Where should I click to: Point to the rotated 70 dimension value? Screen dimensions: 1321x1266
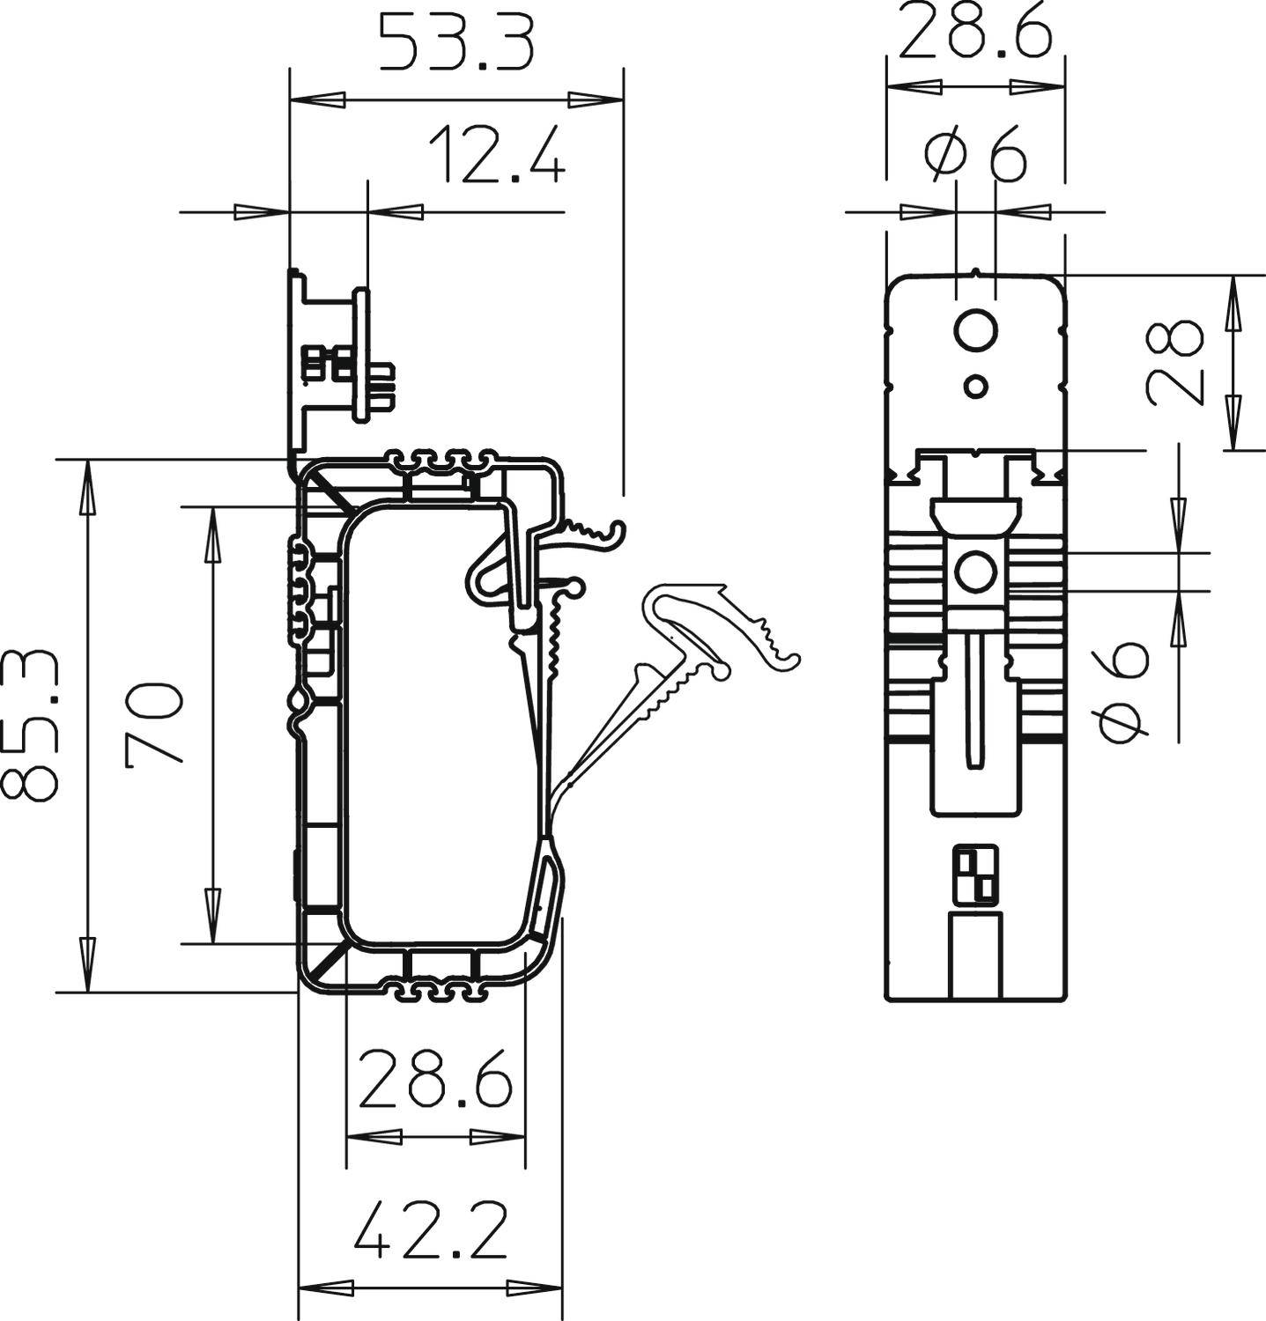pos(155,724)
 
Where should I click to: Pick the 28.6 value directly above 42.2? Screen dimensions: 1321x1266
pos(435,1079)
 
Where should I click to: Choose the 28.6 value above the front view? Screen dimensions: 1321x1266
pos(976,32)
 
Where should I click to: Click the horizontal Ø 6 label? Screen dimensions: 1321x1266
pos(976,155)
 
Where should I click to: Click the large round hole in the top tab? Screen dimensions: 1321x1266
pos(975,331)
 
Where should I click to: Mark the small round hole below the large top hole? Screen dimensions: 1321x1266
pos(975,385)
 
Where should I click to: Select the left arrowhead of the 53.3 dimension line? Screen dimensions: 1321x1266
pos(317,99)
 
